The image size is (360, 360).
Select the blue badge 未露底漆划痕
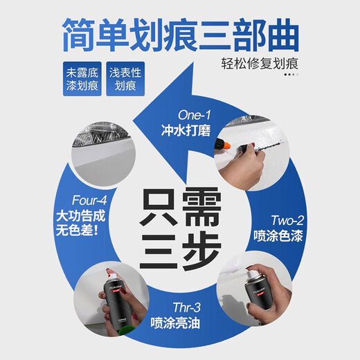[79, 80]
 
